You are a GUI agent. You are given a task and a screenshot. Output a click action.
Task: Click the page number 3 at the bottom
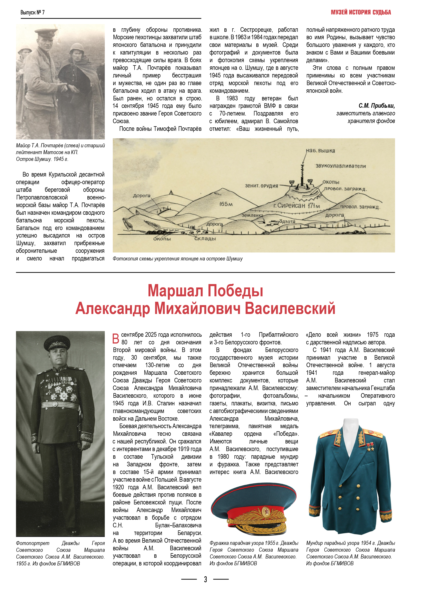(205, 579)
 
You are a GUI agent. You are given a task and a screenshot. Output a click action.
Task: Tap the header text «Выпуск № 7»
(32, 12)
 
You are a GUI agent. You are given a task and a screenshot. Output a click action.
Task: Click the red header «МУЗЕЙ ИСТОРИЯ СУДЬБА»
(361, 12)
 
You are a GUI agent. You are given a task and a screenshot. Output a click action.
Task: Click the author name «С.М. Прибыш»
(376, 106)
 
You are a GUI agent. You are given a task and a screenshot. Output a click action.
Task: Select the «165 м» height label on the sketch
(226, 204)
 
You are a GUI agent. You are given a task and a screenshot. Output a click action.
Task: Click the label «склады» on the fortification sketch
(205, 239)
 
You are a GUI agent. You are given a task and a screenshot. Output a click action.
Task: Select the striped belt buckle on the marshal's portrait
(55, 404)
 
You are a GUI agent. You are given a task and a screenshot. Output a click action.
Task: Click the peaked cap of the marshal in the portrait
(57, 343)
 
